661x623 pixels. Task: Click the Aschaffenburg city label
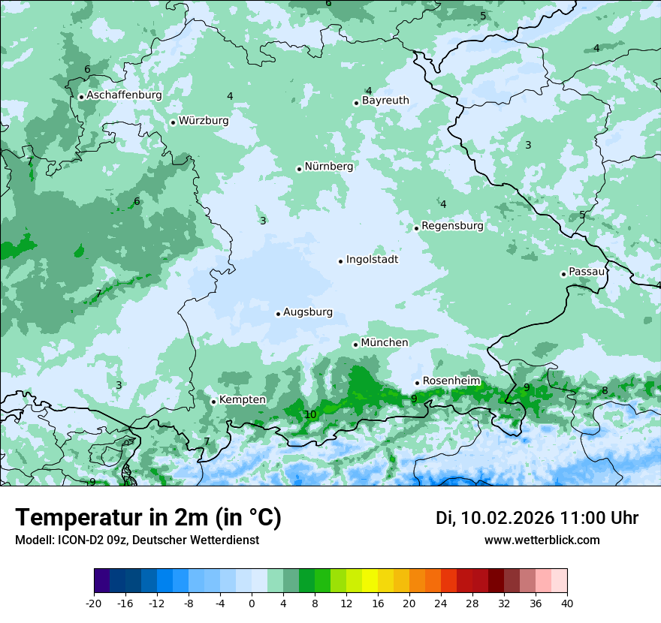[x=124, y=95]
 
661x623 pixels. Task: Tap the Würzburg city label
[x=204, y=121]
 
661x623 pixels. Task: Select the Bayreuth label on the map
[x=385, y=101]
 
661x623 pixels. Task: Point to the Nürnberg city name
[x=328, y=167]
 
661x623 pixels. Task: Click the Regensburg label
[x=452, y=226]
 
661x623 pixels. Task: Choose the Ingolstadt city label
[x=372, y=260]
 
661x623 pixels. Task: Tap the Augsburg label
[x=308, y=312]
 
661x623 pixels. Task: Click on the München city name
[x=385, y=343]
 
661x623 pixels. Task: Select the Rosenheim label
[x=451, y=381]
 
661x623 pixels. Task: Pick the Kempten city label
[x=242, y=400]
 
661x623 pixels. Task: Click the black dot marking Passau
[x=563, y=274]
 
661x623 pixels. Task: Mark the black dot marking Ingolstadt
[x=340, y=261]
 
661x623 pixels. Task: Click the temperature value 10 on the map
[x=310, y=414]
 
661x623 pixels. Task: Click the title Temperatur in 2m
[x=148, y=518]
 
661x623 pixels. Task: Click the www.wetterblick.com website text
[x=542, y=540]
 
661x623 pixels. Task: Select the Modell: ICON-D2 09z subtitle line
[x=137, y=540]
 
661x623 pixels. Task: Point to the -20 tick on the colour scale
[x=94, y=603]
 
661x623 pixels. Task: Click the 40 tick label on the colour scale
[x=567, y=603]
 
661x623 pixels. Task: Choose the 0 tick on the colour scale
[x=252, y=603]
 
